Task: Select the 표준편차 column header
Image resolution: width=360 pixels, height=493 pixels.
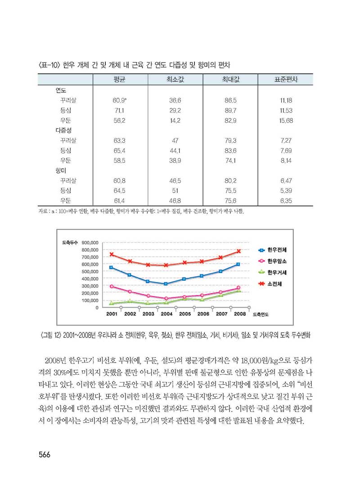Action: [286, 79]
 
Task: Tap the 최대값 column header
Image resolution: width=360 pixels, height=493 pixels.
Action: [230, 79]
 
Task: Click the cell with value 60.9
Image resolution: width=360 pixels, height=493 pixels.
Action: [119, 100]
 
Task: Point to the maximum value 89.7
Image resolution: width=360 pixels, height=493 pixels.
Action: [230, 110]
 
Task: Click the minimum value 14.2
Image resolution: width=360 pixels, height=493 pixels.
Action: [175, 120]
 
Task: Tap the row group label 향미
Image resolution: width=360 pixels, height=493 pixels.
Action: [60, 170]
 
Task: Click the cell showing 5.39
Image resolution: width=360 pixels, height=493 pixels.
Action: [286, 190]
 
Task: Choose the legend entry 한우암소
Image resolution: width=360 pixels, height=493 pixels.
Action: [280, 261]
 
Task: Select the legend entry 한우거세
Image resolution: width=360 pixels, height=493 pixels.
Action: [280, 273]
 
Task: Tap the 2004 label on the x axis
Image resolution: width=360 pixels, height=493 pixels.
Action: [166, 314]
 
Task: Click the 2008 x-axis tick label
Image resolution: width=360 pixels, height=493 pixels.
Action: [239, 314]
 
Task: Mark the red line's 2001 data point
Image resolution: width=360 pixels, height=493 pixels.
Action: [111, 254]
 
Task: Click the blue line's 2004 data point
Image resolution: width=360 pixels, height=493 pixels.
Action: [166, 284]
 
